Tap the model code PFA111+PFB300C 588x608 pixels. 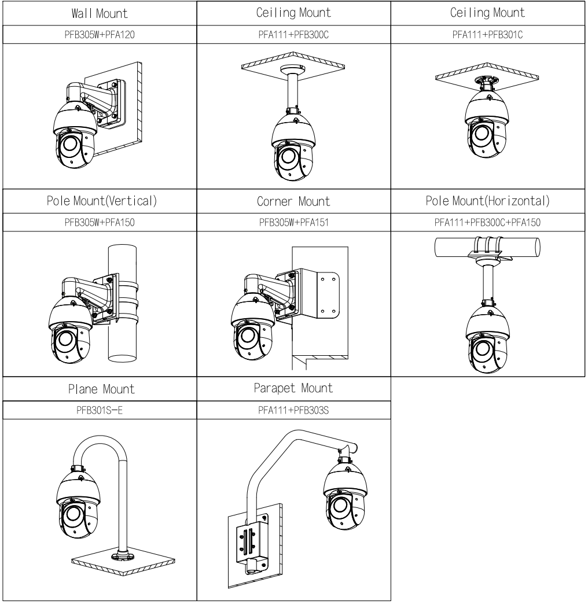pyautogui.click(x=293, y=34)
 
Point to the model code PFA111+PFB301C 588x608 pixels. pyautogui.click(x=488, y=34)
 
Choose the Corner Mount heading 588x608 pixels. pyautogui.click(x=293, y=202)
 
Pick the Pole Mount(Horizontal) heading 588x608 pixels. pyautogui.click(x=488, y=202)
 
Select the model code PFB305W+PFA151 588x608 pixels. pyautogui.click(x=293, y=223)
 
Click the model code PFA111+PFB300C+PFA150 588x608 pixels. pyautogui.click(x=488, y=223)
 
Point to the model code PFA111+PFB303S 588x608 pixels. pyautogui.click(x=293, y=410)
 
